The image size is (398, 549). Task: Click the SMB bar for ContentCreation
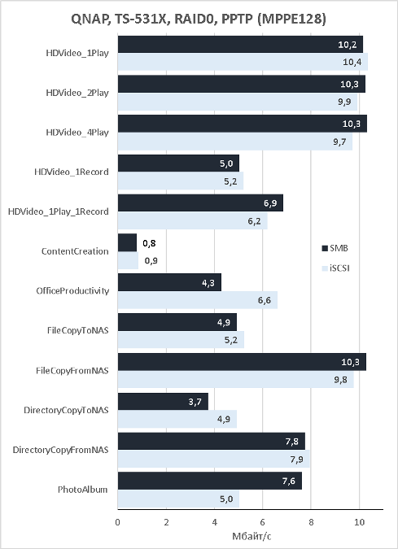pyautogui.click(x=127, y=242)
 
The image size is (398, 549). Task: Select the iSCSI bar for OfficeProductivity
pyautogui.click(x=198, y=300)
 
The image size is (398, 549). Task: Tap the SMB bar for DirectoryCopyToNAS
pyautogui.click(x=163, y=401)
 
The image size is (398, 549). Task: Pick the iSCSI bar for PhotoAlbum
pyautogui.click(x=178, y=499)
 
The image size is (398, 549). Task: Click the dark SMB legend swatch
pyautogui.click(x=325, y=248)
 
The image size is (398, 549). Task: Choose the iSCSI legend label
pyautogui.click(x=339, y=268)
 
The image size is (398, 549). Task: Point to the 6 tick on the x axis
pyautogui.click(x=263, y=522)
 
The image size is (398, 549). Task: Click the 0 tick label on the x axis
pyautogui.click(x=118, y=522)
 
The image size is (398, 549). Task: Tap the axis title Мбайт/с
pyautogui.click(x=251, y=537)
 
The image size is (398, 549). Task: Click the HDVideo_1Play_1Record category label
pyautogui.click(x=59, y=211)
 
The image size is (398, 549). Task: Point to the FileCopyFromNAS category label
pyautogui.click(x=72, y=370)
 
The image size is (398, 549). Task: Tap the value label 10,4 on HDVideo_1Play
pyautogui.click(x=352, y=62)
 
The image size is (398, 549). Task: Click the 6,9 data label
pyautogui.click(x=270, y=203)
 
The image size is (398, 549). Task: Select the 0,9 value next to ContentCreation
pyautogui.click(x=151, y=260)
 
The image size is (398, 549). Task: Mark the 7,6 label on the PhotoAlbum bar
pyautogui.click(x=289, y=481)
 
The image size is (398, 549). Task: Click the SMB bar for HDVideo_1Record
pyautogui.click(x=178, y=163)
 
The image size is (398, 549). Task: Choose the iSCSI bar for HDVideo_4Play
pyautogui.click(x=235, y=142)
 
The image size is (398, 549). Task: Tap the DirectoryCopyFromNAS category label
pyautogui.click(x=60, y=450)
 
